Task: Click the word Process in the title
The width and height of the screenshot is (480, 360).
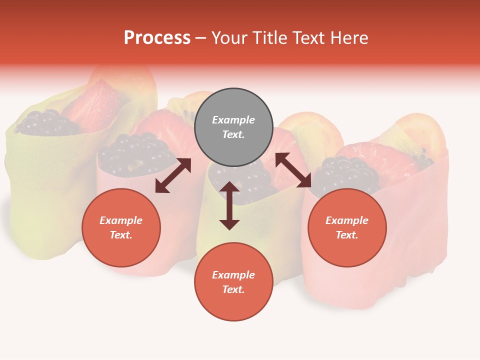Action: (157, 38)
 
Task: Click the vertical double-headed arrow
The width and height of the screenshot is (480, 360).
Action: (229, 205)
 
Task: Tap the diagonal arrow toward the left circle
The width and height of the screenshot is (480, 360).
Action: (173, 175)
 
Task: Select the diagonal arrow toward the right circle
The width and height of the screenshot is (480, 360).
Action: (293, 170)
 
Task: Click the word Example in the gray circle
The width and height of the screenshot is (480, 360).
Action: (233, 120)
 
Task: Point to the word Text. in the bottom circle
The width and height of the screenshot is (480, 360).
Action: (233, 289)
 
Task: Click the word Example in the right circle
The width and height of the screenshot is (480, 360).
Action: (347, 220)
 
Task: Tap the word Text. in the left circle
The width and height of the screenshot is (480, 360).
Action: (121, 235)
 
